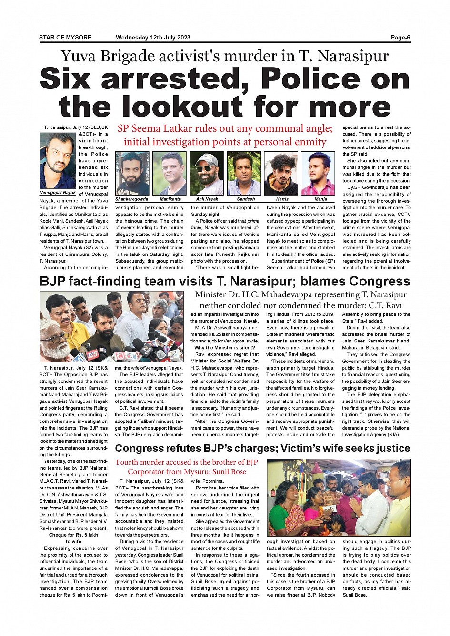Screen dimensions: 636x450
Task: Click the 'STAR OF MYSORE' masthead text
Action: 65,38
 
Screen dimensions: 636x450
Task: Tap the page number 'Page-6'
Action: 400,38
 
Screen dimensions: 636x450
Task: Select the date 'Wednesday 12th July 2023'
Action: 153,38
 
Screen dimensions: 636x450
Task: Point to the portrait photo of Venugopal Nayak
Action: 58,161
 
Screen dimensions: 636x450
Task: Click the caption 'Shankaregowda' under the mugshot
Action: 131,199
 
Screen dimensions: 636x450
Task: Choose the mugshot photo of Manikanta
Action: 170,174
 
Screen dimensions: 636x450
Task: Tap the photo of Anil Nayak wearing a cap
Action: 207,174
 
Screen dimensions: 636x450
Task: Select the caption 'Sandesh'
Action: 246,199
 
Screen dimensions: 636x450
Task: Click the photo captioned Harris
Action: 281,174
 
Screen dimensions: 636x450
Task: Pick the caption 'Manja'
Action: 320,199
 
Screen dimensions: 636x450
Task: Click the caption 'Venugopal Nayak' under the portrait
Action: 58,193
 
